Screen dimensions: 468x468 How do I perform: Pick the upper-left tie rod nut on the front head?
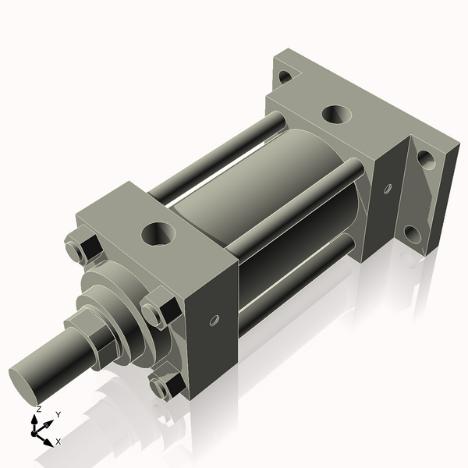(80, 247)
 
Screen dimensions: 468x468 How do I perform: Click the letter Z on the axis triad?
(38, 409)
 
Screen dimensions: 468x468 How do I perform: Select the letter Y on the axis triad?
(58, 414)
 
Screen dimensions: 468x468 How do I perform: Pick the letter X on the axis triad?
(58, 441)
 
